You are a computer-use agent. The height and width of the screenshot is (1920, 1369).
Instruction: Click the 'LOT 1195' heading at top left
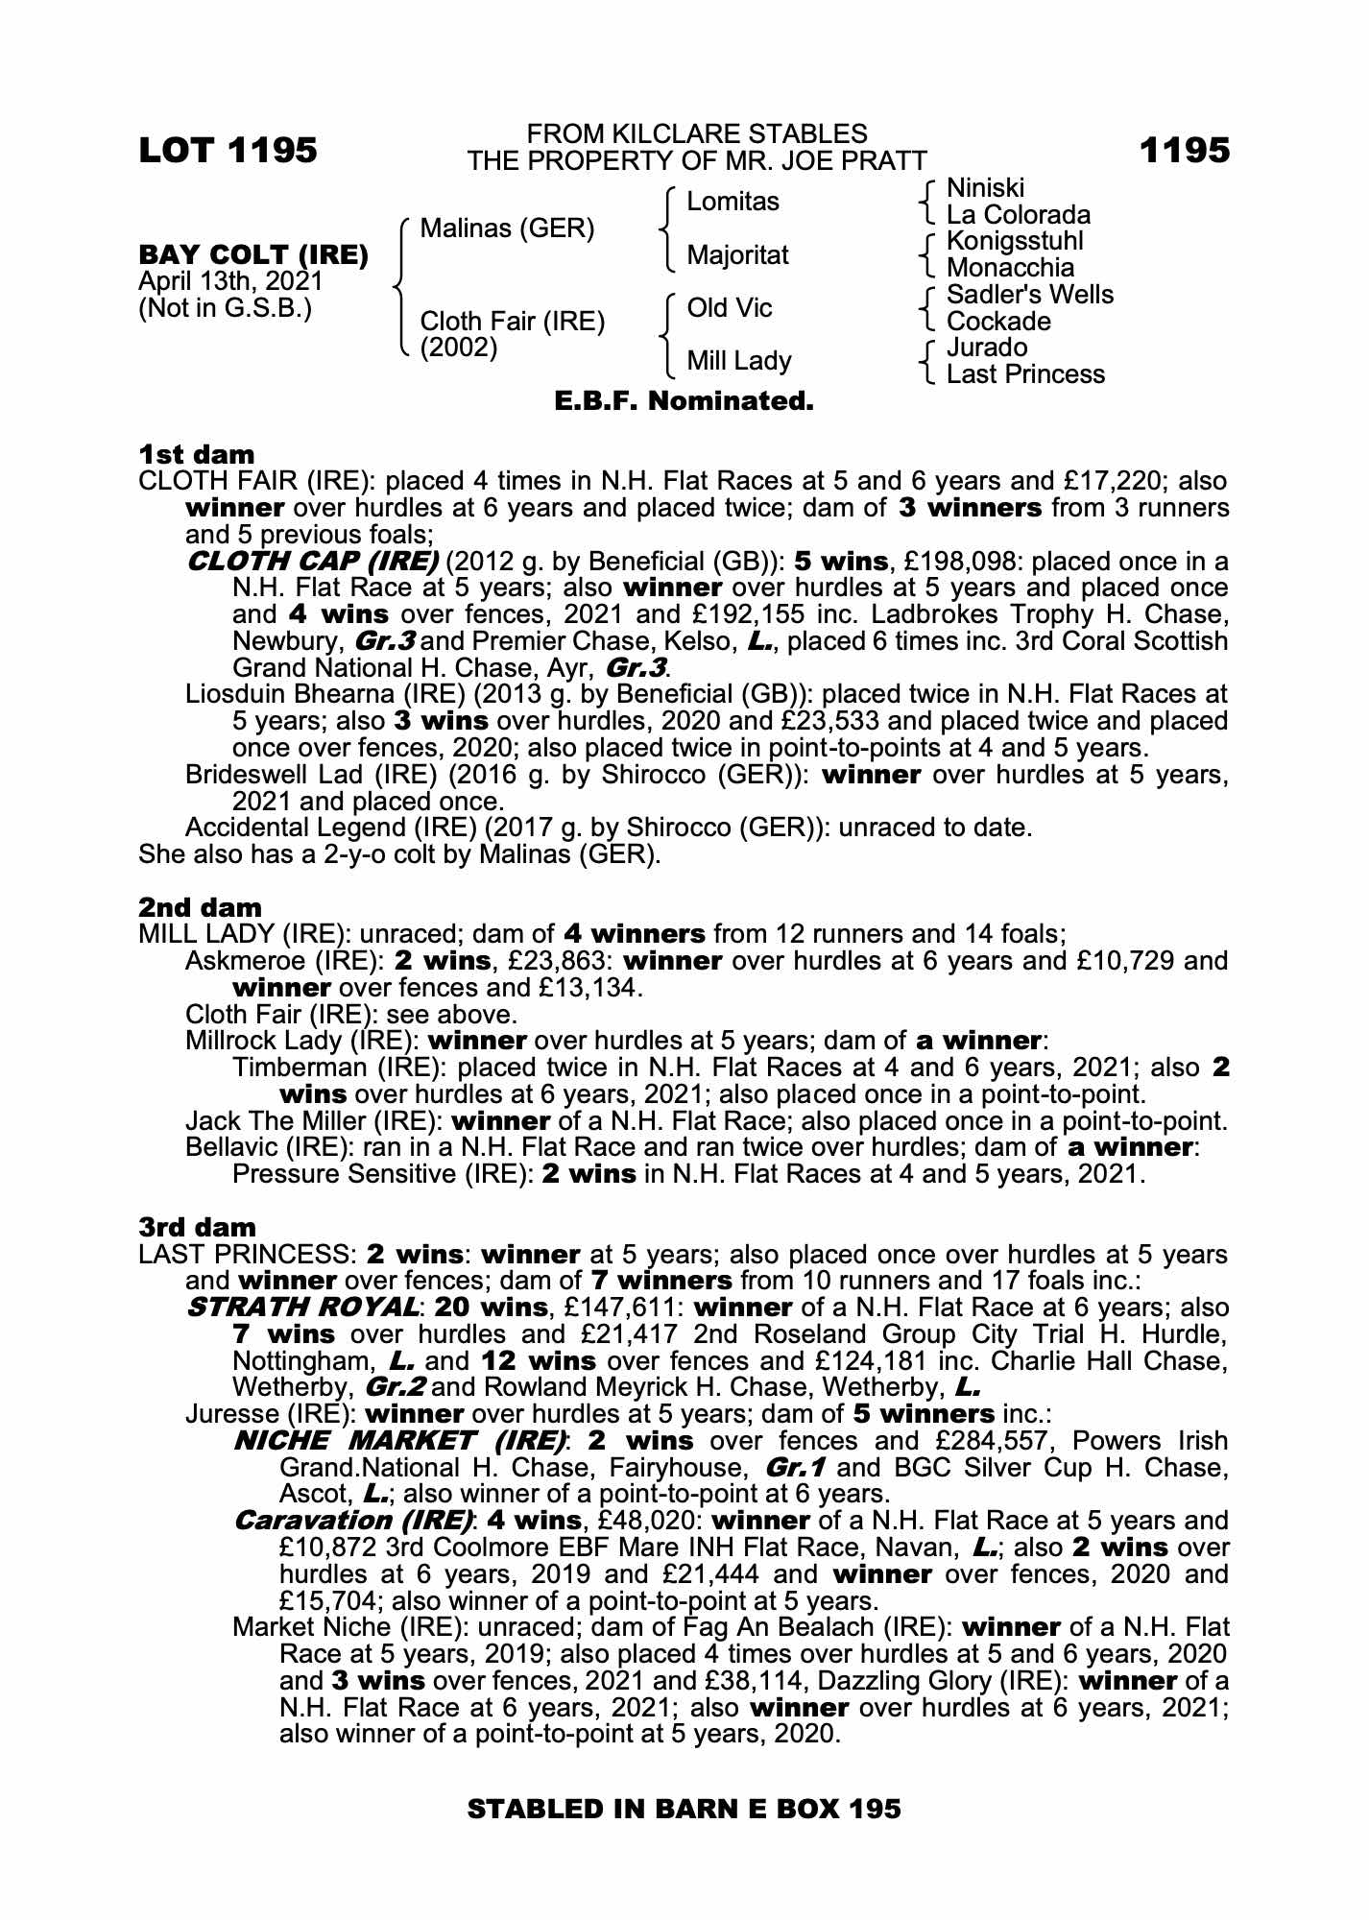point(228,151)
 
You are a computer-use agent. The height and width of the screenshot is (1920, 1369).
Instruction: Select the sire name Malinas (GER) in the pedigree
point(507,228)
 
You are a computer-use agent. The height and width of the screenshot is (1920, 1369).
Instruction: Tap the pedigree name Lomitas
point(733,202)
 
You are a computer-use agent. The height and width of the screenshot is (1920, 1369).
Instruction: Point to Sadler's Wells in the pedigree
point(1029,295)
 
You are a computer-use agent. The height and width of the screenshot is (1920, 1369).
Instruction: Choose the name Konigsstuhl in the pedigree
point(1014,241)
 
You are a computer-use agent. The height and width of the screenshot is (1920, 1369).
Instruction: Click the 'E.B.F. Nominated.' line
point(684,401)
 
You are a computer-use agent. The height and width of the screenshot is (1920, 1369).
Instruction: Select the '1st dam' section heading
point(197,454)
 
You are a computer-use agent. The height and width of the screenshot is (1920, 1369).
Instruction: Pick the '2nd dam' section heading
point(200,907)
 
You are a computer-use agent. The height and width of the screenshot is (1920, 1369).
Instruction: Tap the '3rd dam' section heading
point(197,1227)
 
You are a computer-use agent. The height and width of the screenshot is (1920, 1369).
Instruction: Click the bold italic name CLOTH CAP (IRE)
point(312,561)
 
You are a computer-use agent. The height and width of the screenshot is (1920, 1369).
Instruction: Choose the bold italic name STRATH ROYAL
point(302,1308)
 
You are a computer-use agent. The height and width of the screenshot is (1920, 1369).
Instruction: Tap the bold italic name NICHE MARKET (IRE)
point(399,1441)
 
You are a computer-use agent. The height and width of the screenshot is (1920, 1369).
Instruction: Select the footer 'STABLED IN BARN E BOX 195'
point(684,1810)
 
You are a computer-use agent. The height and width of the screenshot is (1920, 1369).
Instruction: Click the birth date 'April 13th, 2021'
point(230,282)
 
